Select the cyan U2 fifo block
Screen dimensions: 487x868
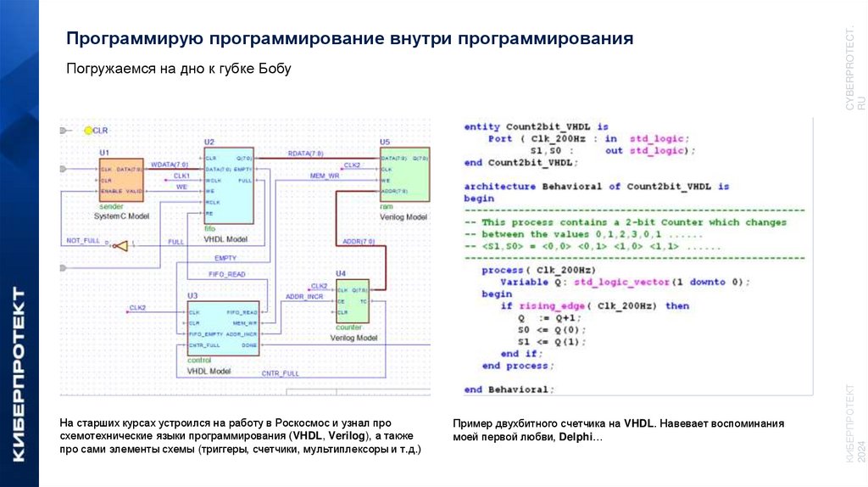click(228, 183)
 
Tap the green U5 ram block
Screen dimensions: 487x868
click(403, 175)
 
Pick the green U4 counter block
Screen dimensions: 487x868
click(353, 300)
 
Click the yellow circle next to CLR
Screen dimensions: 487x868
click(87, 131)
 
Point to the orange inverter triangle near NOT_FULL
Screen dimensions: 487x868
click(120, 245)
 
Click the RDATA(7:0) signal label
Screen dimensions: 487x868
click(305, 154)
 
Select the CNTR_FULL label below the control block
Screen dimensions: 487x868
click(280, 373)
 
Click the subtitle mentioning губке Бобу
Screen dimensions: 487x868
click(179, 69)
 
